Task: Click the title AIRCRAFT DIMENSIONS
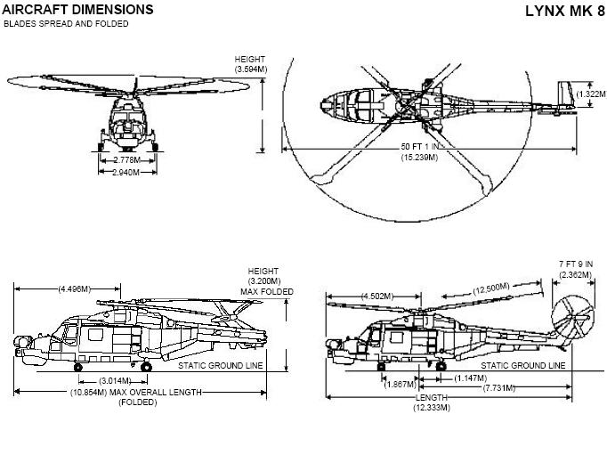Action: point(78,10)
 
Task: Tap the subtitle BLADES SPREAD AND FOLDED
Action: point(66,24)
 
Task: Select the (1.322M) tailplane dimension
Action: point(591,94)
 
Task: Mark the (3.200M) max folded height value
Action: point(264,282)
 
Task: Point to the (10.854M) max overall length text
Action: point(137,392)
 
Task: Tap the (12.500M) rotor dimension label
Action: point(491,288)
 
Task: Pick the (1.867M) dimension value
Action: point(401,385)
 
